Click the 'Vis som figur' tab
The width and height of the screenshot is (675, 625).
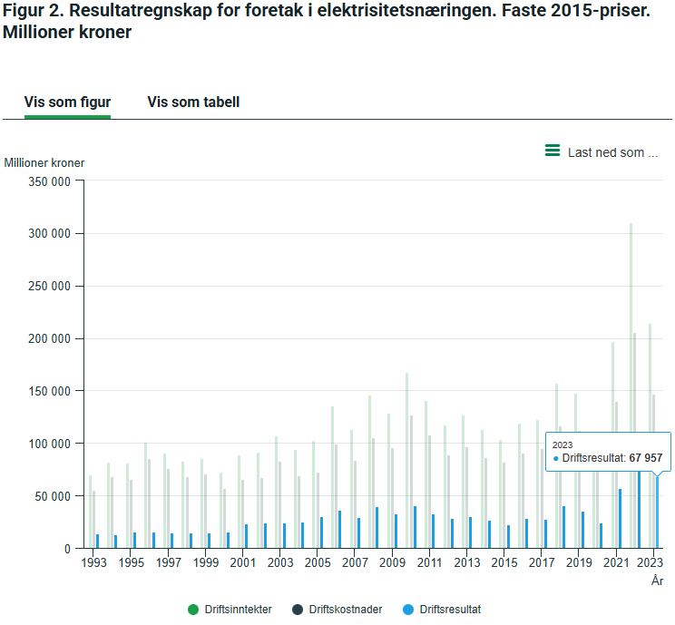tap(67, 103)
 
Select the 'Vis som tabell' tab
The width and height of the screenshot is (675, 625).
tap(193, 103)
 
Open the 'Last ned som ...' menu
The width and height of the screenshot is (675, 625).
tap(602, 152)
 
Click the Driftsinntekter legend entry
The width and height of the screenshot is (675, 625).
tap(230, 610)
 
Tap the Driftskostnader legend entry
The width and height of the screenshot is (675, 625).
tap(337, 610)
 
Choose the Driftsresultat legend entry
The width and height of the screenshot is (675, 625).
tap(442, 610)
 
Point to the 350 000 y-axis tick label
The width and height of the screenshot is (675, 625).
tap(48, 181)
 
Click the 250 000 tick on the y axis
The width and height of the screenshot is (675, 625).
tap(48, 287)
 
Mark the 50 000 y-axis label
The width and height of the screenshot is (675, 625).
tap(52, 496)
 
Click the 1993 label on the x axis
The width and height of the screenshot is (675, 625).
tap(93, 563)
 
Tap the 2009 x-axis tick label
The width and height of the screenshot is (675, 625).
tap(392, 563)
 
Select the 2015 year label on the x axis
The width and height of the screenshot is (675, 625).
tap(504, 563)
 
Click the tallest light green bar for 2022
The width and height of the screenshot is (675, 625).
tap(631, 381)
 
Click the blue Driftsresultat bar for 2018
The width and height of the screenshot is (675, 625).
tap(564, 527)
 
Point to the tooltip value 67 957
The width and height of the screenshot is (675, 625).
tap(646, 458)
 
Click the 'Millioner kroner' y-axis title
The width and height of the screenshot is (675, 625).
tap(44, 163)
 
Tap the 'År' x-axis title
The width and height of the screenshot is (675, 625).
tap(658, 581)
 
